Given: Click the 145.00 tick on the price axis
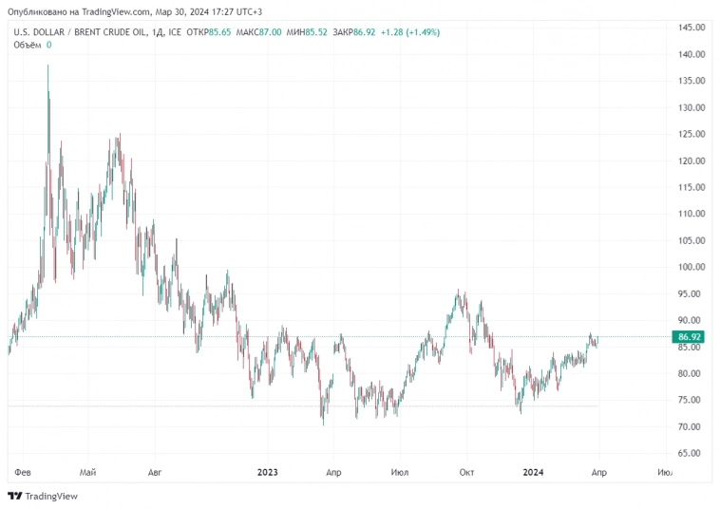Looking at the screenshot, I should coord(691,28).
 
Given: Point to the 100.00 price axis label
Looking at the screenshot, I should coord(691,267).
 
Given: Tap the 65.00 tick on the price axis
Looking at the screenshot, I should coord(691,453).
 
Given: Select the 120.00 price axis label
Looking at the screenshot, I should coord(691,160).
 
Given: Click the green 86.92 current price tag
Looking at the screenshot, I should coord(690,337).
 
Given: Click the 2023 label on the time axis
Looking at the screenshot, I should coord(267,471).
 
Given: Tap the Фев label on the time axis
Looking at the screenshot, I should coord(24,471).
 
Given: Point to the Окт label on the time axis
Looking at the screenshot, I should coord(466,471).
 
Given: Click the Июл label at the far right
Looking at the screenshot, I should coord(665,471).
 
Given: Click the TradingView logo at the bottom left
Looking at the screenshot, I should coord(43,496).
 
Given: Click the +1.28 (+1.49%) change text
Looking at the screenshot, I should coord(410,32).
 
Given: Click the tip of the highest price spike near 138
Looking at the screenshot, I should coord(47,66).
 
